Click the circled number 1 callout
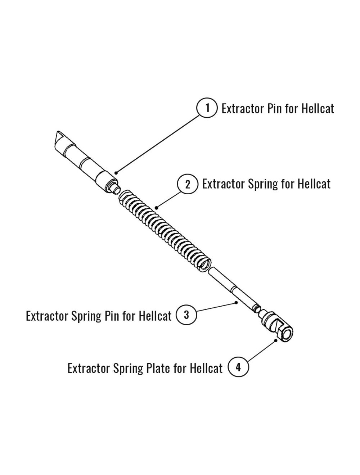click(x=207, y=108)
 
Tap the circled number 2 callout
click(x=188, y=185)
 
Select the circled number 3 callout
click(x=186, y=315)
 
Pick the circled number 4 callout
click(x=238, y=367)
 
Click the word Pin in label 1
click(x=275, y=108)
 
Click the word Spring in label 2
click(x=264, y=185)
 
